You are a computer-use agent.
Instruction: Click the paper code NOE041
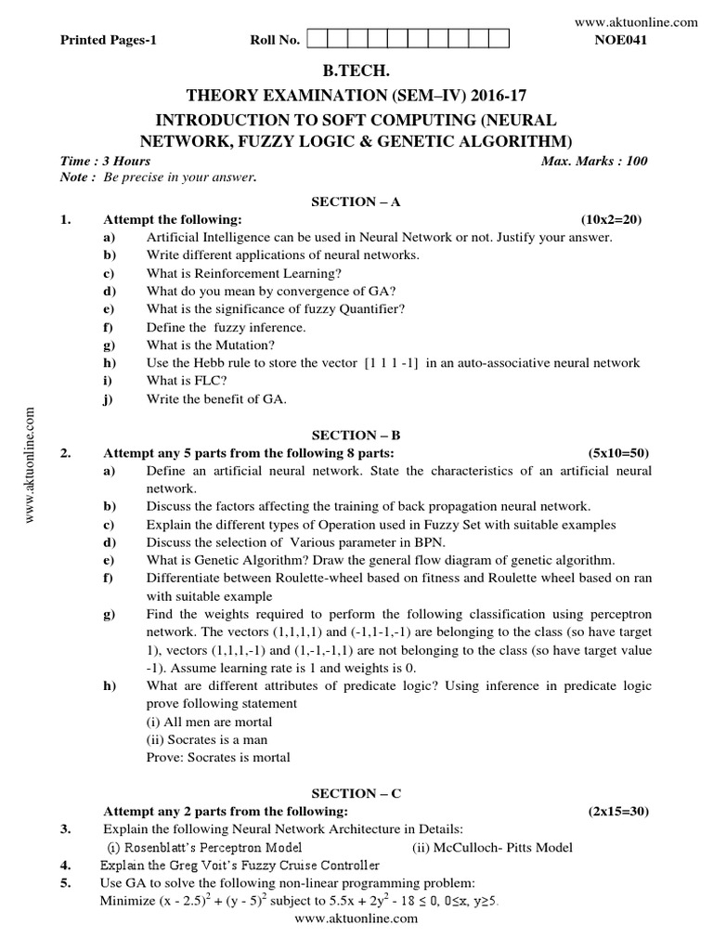click(x=625, y=40)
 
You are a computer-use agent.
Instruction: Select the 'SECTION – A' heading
click(x=356, y=202)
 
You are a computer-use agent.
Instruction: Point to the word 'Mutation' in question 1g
click(x=240, y=345)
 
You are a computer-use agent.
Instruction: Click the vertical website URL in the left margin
click(x=30, y=464)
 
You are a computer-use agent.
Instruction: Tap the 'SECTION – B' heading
click(x=356, y=435)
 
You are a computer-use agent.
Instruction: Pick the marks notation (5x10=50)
click(x=619, y=452)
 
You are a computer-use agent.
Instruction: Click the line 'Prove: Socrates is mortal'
click(x=217, y=757)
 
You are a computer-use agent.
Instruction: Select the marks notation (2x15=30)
click(x=619, y=811)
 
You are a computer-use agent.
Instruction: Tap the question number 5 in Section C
click(x=65, y=882)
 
